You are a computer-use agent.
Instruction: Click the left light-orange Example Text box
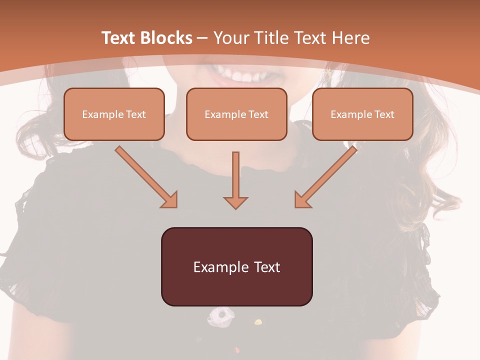coord(114,114)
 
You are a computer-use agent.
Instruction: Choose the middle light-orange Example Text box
coord(236,114)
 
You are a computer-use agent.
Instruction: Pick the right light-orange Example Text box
coord(362,114)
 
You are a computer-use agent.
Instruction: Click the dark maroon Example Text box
coord(236,267)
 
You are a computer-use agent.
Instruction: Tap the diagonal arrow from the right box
coord(325,177)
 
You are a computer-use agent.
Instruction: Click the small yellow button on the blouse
coord(258,321)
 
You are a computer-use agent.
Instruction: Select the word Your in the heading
coord(231,38)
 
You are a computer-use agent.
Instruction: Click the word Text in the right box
coord(384,114)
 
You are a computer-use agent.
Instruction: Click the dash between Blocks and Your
coord(203,38)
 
